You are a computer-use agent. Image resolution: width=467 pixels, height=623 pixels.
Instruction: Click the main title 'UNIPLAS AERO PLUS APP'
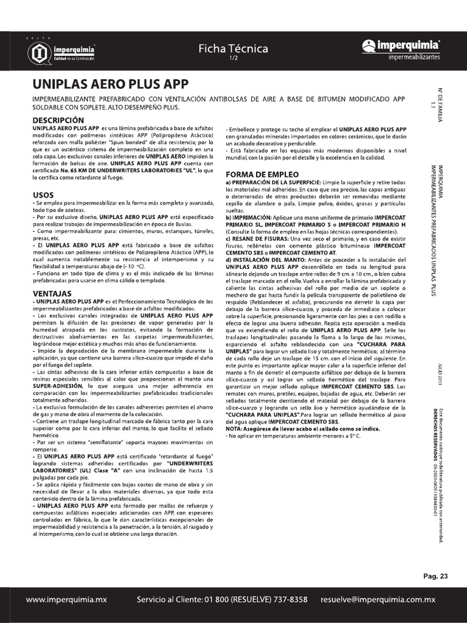point(110,84)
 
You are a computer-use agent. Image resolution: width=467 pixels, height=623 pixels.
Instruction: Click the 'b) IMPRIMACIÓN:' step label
point(247,217)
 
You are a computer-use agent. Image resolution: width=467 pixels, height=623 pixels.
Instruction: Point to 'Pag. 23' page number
point(435,576)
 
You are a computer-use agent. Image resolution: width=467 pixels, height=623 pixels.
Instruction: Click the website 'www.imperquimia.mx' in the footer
point(66,599)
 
